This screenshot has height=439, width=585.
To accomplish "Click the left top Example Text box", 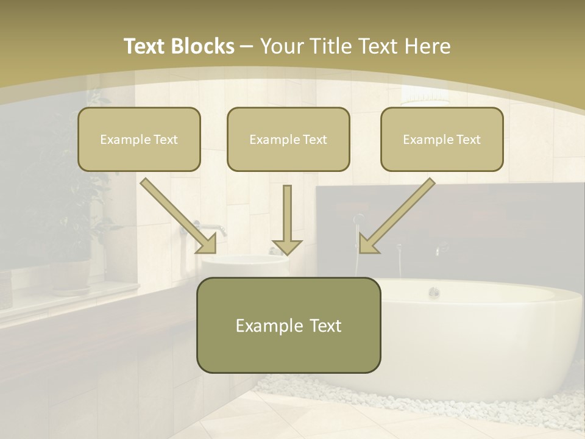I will point(139,139).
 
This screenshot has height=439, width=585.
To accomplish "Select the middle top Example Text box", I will point(288,139).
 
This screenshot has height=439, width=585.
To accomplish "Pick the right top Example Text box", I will point(442,139).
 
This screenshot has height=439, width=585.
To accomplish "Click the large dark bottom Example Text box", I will point(288,325).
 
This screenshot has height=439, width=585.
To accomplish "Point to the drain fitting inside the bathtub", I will point(434,292).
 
